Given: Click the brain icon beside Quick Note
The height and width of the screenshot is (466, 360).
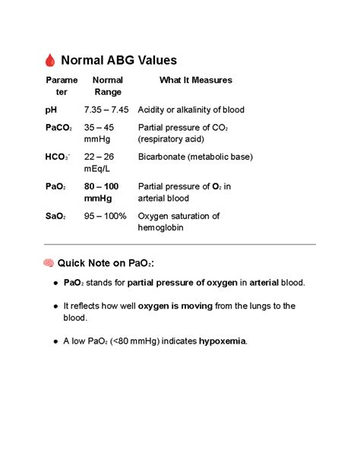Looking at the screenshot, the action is point(49,263).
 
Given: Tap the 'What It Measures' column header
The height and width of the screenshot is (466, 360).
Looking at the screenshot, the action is point(195,80).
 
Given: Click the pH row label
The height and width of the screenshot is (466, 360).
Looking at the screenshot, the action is point(51,109).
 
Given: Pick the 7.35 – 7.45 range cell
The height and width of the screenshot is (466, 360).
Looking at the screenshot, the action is point(106,109).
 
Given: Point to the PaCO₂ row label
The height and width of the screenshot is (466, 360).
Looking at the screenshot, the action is point(59,128).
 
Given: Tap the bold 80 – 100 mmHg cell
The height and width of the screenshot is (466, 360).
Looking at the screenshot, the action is point(101,192).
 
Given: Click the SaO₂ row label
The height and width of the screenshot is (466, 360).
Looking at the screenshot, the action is point(55,216).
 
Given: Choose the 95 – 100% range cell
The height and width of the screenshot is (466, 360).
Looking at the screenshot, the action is point(105,216).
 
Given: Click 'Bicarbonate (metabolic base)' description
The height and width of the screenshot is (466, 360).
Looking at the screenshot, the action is point(195,157).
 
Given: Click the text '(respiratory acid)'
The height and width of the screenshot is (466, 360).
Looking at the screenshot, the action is point(172,140).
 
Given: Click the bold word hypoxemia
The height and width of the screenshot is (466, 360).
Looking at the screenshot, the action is point(223,341).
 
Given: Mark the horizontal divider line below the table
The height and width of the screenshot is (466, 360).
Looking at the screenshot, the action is point(180,245).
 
